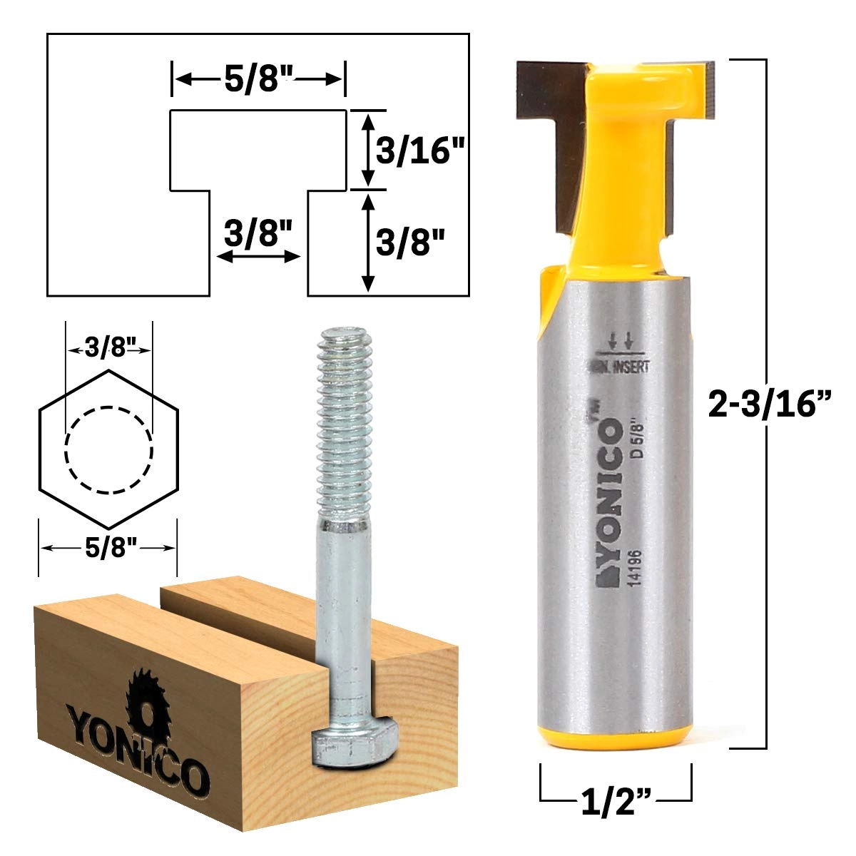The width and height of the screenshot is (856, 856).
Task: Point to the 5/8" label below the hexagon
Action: [x=108, y=548]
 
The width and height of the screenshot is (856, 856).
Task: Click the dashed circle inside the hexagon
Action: [x=108, y=450]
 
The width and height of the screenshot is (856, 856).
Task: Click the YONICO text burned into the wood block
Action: [x=136, y=745]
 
